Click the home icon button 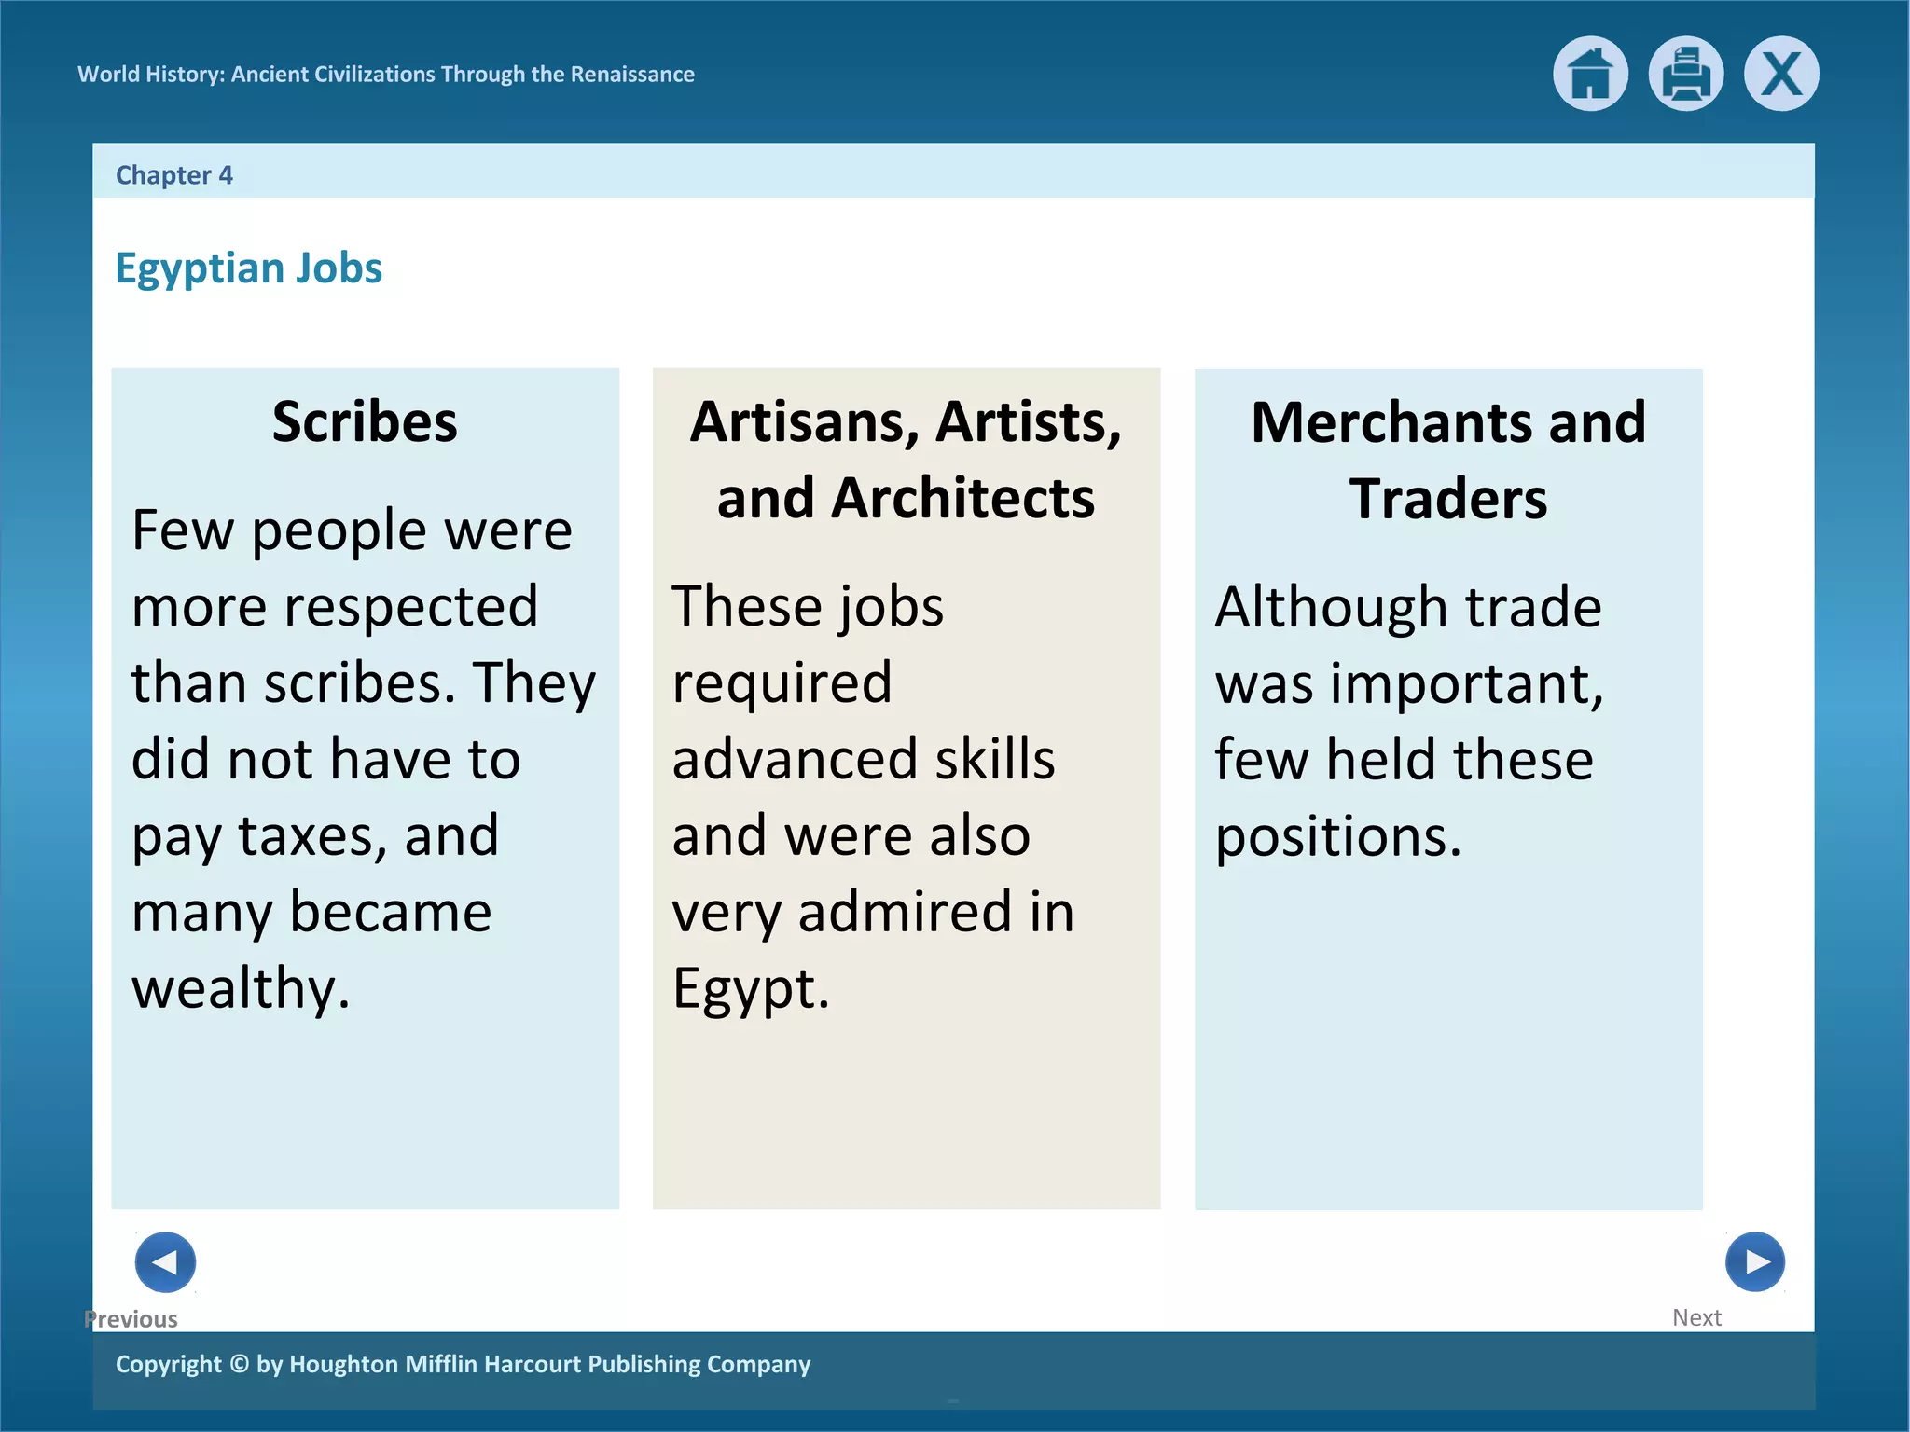pos(1590,74)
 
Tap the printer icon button pos(1685,74)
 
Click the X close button pos(1781,74)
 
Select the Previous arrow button pos(165,1262)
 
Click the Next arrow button pos(1754,1262)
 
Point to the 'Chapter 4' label pos(173,175)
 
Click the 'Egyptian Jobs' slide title pos(248,268)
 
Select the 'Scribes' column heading pos(365,421)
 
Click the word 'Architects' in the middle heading pos(962,498)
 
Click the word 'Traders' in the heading pos(1447,499)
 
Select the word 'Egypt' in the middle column pos(743,988)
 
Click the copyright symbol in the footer pos(239,1364)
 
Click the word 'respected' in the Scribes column pos(410,607)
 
